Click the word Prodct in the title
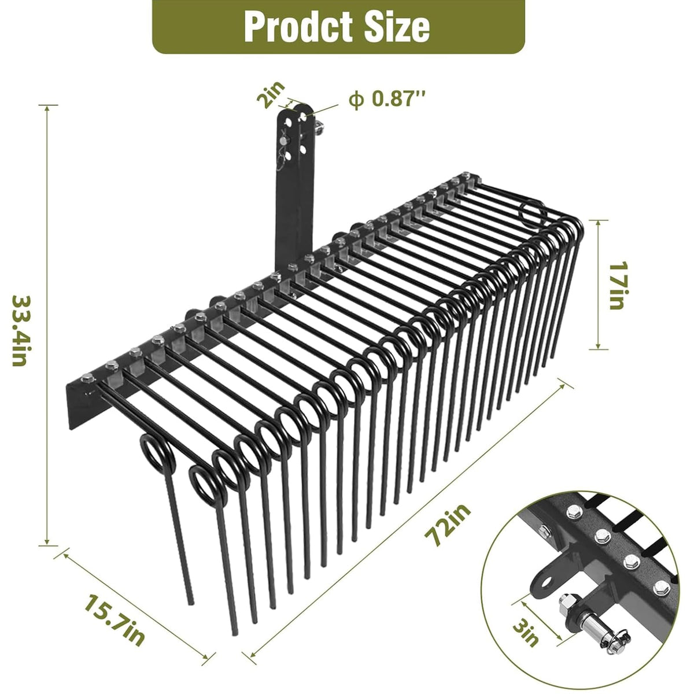click(x=300, y=27)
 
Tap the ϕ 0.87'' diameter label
click(x=387, y=99)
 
